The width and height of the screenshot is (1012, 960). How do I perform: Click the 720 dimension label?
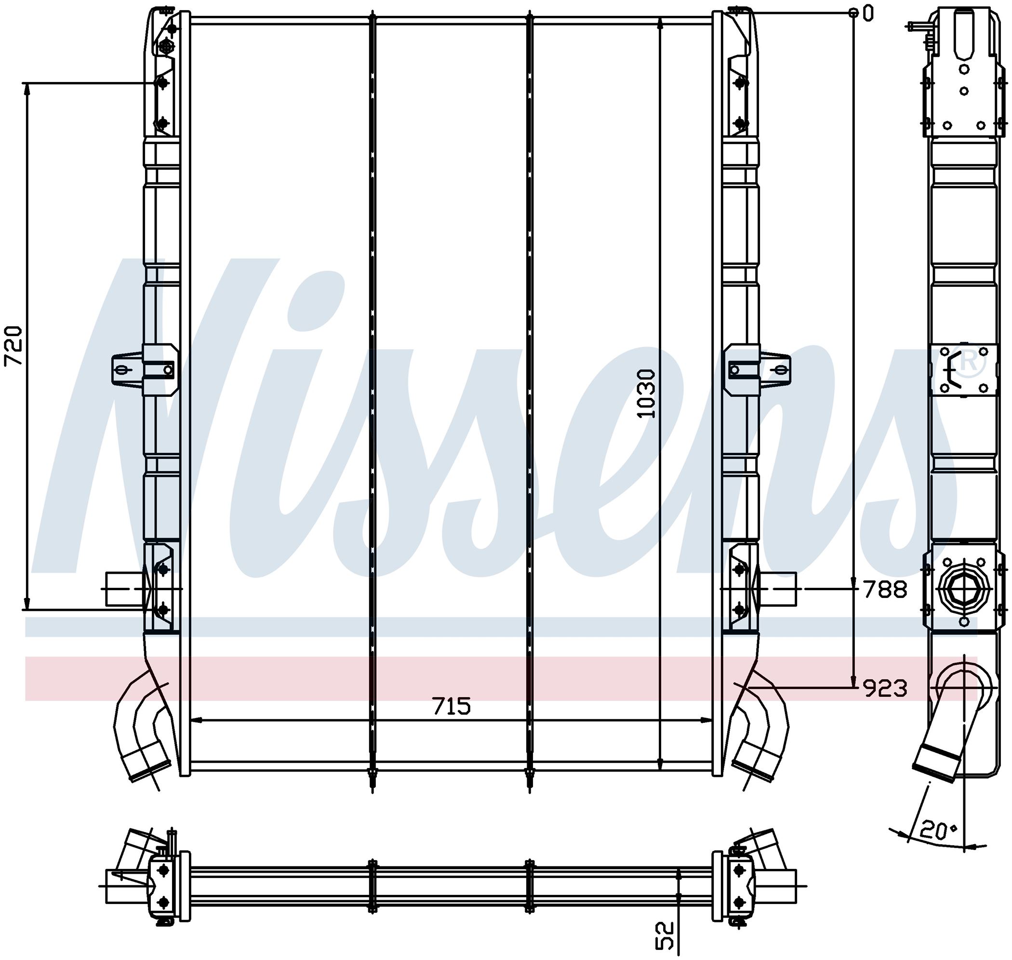tap(14, 345)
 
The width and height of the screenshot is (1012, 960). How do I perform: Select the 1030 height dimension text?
tap(646, 393)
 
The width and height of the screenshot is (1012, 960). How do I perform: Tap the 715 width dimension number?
tap(452, 707)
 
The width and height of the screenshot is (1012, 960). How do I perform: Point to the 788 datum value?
tap(885, 590)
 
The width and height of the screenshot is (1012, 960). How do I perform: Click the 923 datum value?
tap(885, 689)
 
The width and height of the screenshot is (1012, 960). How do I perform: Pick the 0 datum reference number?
tap(868, 14)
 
